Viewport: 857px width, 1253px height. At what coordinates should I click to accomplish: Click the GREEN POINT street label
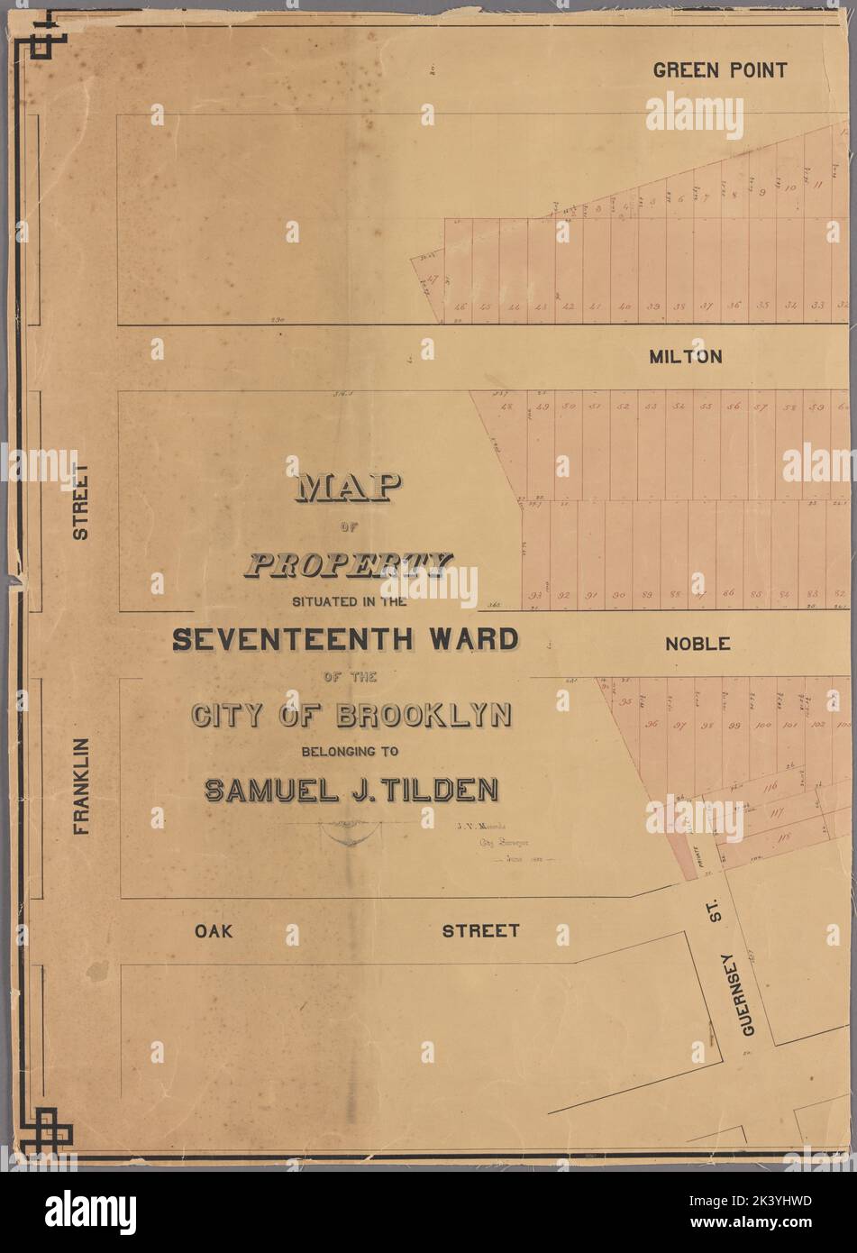[720, 70]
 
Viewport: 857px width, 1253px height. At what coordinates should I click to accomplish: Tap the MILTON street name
[685, 357]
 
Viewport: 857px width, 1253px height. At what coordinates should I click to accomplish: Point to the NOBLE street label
[697, 644]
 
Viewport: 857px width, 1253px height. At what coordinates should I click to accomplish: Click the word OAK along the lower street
[214, 930]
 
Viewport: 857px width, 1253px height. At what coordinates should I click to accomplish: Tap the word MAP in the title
[346, 489]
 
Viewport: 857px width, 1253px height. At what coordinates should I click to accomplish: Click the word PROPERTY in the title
[347, 565]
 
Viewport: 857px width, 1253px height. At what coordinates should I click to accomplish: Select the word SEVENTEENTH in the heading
[294, 640]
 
